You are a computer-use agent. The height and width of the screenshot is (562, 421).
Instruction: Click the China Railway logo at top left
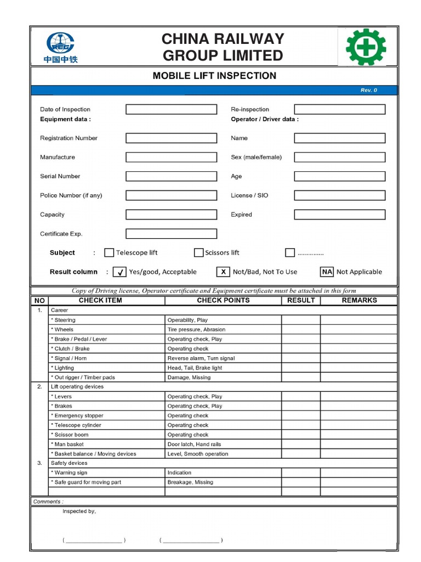61,46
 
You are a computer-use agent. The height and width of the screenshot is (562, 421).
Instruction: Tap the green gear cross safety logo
366,47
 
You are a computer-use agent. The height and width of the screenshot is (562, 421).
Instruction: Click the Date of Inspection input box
171,109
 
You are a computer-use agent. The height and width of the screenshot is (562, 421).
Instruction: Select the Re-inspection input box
339,109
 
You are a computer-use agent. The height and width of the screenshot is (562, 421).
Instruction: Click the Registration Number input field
171,138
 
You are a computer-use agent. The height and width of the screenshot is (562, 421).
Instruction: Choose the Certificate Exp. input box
171,234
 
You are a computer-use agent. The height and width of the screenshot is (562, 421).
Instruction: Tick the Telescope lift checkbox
109,252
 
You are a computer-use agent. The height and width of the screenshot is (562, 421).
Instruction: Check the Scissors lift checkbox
198,252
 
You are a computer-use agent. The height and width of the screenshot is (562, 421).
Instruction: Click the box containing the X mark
223,272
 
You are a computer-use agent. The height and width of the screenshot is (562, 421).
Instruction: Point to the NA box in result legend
327,272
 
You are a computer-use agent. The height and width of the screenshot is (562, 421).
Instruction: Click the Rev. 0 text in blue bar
368,90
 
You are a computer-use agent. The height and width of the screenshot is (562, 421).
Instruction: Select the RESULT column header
301,300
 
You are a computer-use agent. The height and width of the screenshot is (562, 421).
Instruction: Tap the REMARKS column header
359,300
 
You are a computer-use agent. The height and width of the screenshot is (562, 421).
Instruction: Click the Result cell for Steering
301,320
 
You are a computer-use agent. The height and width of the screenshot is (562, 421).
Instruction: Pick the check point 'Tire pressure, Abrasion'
196,329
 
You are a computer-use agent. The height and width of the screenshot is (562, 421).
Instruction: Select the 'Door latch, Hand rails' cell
194,444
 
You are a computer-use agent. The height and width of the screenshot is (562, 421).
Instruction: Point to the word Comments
48,502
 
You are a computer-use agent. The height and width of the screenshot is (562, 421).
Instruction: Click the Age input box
339,176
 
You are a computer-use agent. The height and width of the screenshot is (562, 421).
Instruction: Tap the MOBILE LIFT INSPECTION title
214,76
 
